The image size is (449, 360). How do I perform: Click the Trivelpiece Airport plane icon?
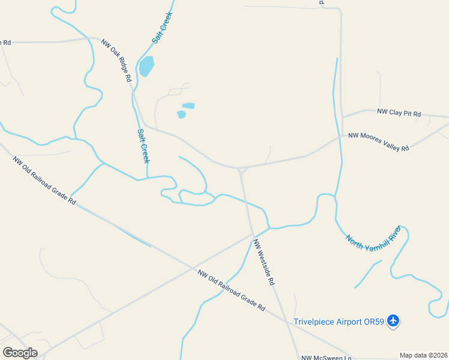(393, 321)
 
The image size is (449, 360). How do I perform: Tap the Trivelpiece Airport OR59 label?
(339, 322)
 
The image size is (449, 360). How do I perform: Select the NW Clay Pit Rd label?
(399, 112)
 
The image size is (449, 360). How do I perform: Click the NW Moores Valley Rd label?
(379, 142)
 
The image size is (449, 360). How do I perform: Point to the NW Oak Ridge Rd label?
(116, 61)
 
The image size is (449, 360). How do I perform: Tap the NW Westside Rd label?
(264, 262)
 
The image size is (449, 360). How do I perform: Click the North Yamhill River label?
(373, 238)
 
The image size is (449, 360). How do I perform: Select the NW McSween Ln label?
(326, 357)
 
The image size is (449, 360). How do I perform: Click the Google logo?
(20, 353)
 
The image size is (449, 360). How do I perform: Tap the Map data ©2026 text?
(423, 355)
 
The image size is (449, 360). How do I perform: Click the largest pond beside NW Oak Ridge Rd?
(146, 66)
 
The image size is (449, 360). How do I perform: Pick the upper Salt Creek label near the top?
(162, 28)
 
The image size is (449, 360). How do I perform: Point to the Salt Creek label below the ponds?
(143, 146)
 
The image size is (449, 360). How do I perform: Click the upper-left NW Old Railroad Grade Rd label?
(44, 181)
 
